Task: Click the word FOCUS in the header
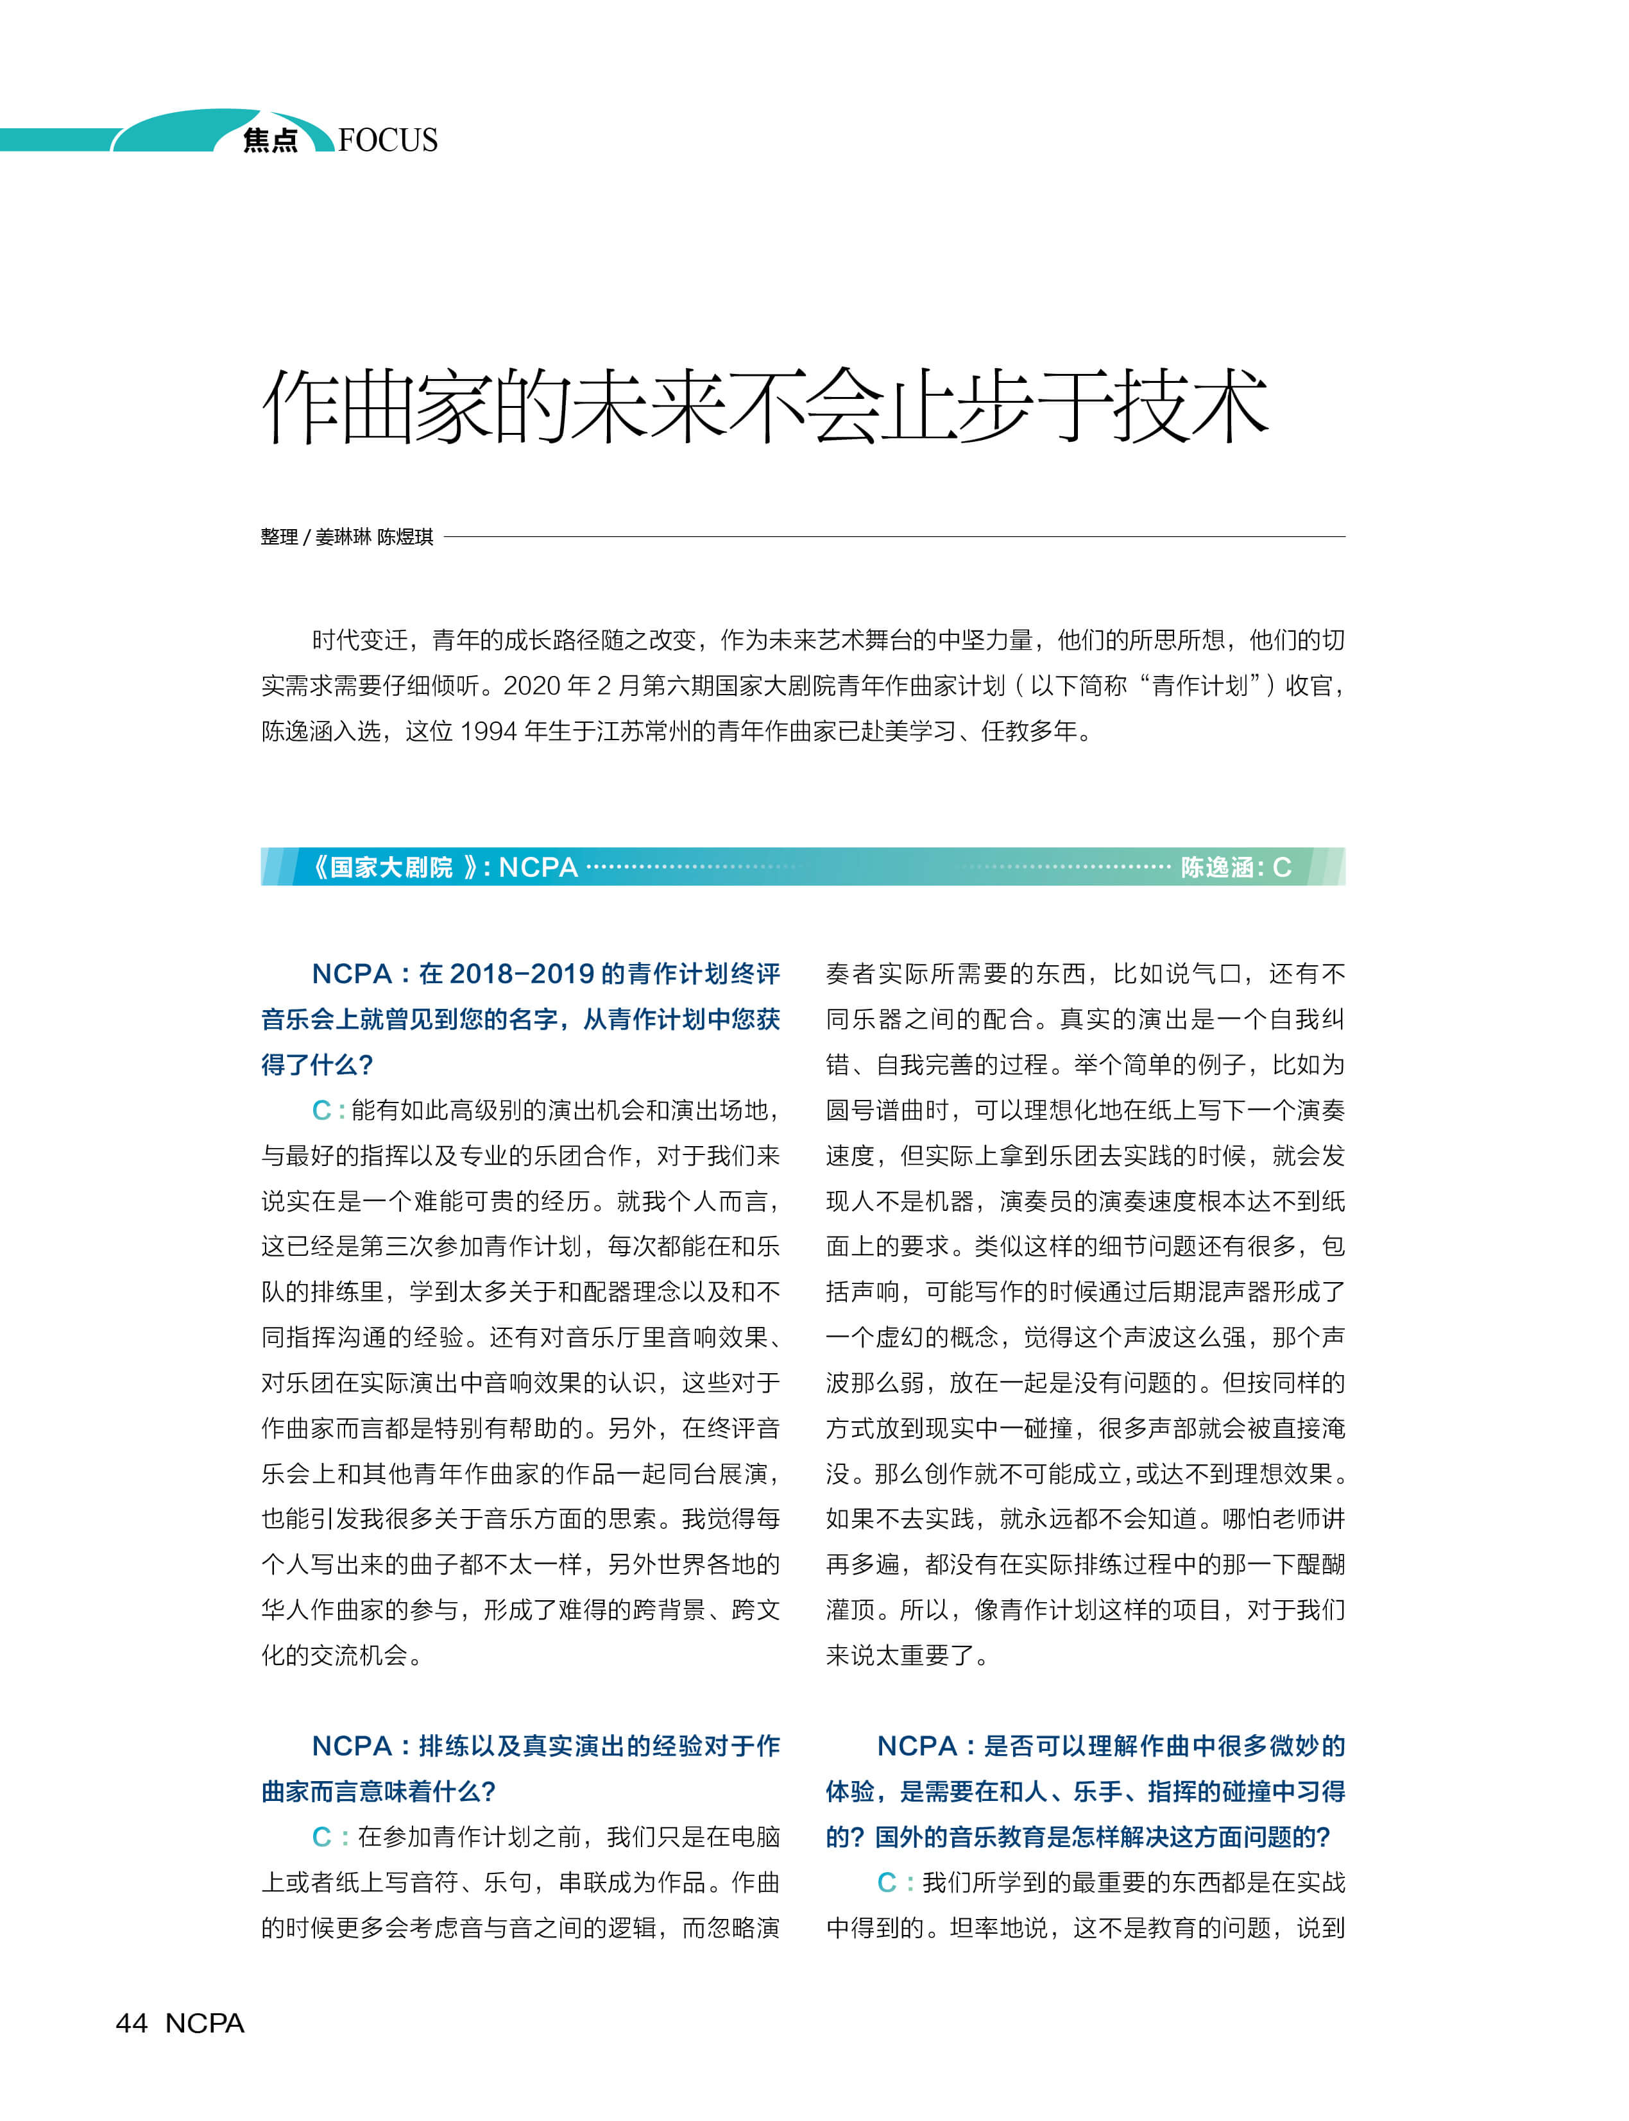pyautogui.click(x=388, y=140)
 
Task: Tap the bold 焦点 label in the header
pyautogui.click(x=269, y=140)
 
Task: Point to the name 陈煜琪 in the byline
pyautogui.click(x=405, y=537)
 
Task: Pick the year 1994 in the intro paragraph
pyautogui.click(x=488, y=732)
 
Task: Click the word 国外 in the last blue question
pyautogui.click(x=900, y=1837)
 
